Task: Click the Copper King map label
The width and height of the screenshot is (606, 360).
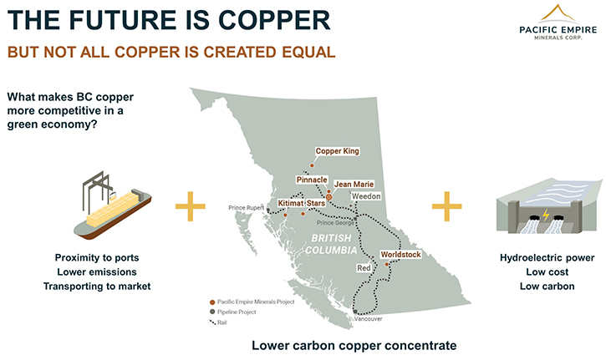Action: (337, 151)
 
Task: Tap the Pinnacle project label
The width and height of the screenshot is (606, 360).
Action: (312, 180)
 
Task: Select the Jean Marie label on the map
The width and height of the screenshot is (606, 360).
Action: (354, 185)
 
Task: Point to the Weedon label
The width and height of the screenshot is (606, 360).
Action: (366, 196)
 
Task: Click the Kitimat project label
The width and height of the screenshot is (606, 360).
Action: (291, 203)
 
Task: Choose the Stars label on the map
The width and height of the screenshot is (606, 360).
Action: (316, 203)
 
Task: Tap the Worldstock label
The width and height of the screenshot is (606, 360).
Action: (400, 255)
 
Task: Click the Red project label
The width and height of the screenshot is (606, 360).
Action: (364, 268)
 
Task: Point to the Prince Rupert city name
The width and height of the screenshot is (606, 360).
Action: (247, 208)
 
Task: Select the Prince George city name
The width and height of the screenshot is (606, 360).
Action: (335, 223)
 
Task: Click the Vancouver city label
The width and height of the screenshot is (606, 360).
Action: (369, 319)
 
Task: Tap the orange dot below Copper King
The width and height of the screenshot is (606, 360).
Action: (312, 165)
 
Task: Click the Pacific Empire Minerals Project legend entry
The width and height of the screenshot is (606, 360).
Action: (252, 302)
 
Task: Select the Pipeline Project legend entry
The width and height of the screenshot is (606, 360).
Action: (233, 312)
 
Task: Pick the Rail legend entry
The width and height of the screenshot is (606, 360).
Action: (218, 322)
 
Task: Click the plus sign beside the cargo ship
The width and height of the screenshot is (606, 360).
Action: (190, 206)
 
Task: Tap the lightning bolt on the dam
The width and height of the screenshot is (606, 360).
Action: (546, 215)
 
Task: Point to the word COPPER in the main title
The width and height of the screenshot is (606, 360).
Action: (274, 20)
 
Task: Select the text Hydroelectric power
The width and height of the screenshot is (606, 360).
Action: (547, 258)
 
